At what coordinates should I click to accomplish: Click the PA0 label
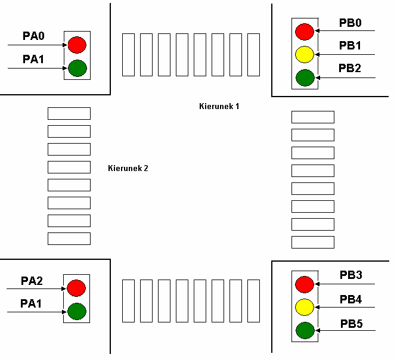(33, 36)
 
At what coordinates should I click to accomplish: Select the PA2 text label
(32, 281)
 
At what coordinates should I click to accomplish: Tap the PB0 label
(350, 23)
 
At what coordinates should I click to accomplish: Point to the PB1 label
(350, 46)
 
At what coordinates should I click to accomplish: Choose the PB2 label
(350, 69)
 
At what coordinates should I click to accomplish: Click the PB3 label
(351, 275)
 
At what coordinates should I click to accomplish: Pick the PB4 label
(351, 299)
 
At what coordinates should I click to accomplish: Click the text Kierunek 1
(219, 106)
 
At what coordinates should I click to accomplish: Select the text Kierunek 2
(128, 168)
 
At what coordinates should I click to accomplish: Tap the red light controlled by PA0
(77, 45)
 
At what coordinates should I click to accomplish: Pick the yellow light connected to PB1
(305, 54)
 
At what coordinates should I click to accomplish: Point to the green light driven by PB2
(305, 77)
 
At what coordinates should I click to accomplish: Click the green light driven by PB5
(305, 330)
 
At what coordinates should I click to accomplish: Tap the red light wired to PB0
(305, 31)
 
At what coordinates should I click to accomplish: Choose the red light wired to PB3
(305, 284)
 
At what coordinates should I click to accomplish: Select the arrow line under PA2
(36, 288)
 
